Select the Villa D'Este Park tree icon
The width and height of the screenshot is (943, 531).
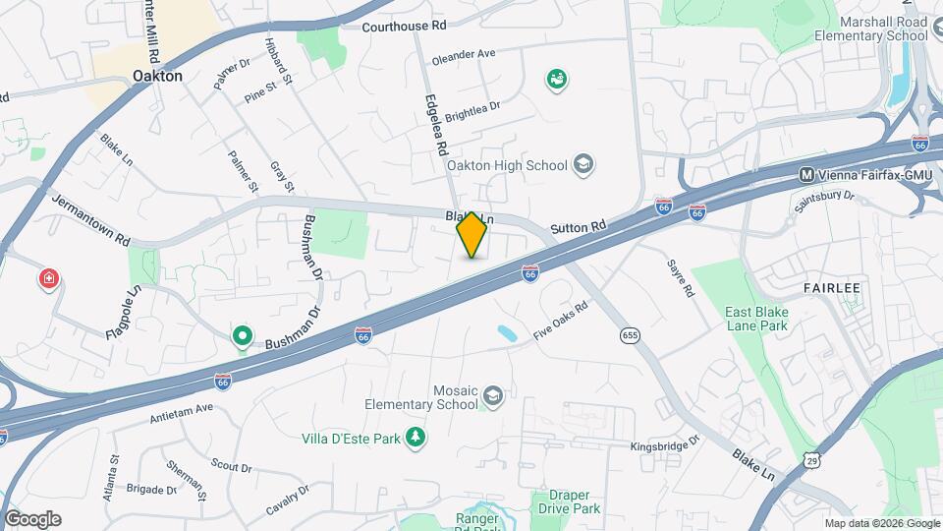point(416,438)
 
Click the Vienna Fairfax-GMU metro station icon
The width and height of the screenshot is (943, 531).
point(806,175)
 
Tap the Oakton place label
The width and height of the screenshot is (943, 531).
point(157,75)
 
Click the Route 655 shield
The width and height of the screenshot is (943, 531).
point(631,336)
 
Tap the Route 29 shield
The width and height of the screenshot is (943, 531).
point(811,460)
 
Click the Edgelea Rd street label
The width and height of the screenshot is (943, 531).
point(436,124)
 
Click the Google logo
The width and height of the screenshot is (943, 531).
point(32,518)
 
